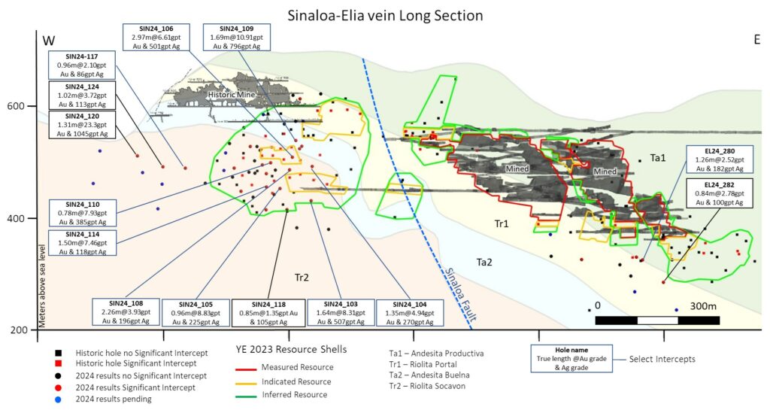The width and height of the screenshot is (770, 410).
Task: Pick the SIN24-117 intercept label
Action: pyautogui.click(x=81, y=65)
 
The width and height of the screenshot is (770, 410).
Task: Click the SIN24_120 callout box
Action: pyautogui.click(x=81, y=124)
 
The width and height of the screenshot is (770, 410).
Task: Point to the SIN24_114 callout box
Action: pyautogui.click(x=81, y=241)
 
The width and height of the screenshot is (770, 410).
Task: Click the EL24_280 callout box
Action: pyautogui.click(x=715, y=159)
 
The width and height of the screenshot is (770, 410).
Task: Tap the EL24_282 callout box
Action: pyautogui.click(x=715, y=193)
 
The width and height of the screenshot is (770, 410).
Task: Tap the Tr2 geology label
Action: pyautogui.click(x=302, y=278)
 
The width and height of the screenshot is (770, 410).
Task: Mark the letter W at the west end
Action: pyautogui.click(x=49, y=40)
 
